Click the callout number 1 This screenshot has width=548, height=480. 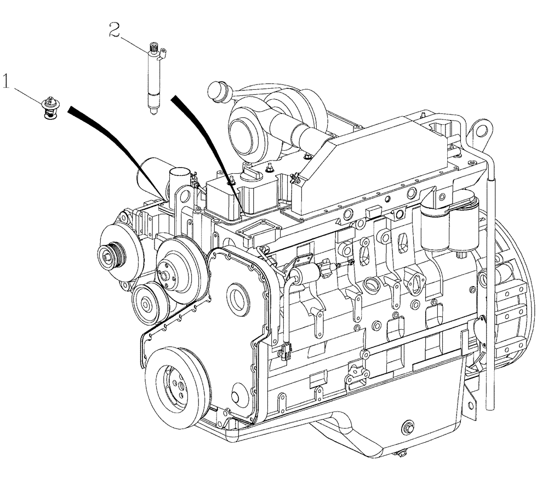(6, 82)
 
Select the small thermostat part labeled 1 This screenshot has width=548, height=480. (50, 107)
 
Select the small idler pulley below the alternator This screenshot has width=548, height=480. (146, 303)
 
